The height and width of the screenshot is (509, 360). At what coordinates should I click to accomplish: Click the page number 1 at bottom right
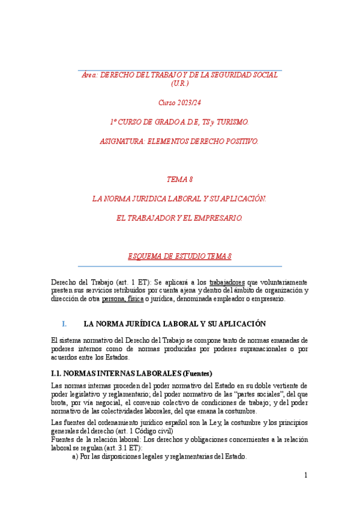[x=305, y=475]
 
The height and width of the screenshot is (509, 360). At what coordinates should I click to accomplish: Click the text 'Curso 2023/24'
[x=180, y=103]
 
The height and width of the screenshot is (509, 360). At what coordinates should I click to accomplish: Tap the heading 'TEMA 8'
[x=180, y=179]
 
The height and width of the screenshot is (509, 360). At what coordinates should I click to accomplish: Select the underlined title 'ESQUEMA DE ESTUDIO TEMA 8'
[x=180, y=256]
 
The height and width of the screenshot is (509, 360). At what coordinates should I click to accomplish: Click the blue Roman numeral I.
[x=64, y=324]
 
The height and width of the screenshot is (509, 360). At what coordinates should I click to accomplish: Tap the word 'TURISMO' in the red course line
[x=229, y=122]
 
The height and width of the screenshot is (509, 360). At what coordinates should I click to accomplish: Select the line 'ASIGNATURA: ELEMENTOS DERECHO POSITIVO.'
[x=180, y=141]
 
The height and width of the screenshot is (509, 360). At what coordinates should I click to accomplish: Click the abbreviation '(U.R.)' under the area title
[x=180, y=83]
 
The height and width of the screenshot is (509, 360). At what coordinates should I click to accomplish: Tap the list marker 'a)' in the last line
[x=76, y=456]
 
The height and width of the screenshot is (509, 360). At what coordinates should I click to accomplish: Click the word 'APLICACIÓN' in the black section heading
[x=240, y=324]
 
